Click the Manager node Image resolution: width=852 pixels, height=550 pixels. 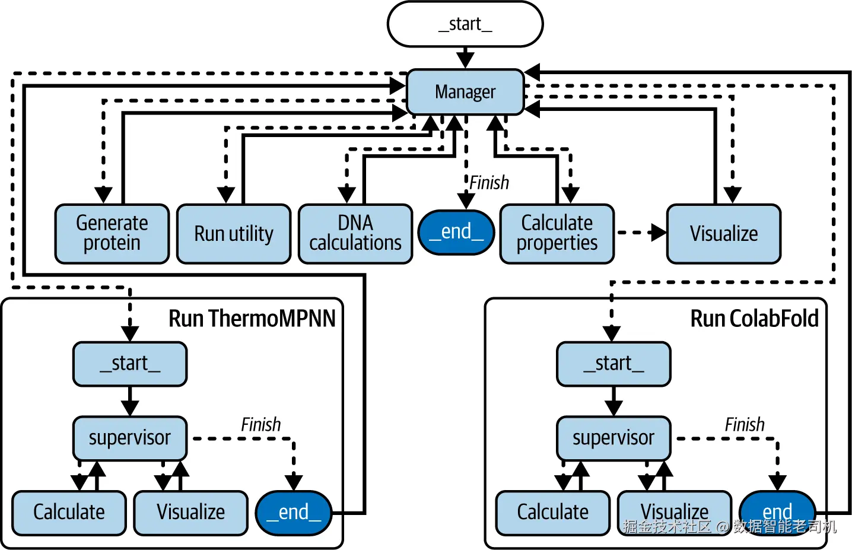pyautogui.click(x=465, y=92)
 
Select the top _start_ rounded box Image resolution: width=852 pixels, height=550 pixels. pyautogui.click(x=465, y=24)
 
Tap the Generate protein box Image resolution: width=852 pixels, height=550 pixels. pyautogui.click(x=112, y=233)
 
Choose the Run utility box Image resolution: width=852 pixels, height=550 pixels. pyautogui.click(x=234, y=233)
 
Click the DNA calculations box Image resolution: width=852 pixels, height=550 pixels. pyautogui.click(x=355, y=233)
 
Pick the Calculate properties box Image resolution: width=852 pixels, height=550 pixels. pyautogui.click(x=557, y=233)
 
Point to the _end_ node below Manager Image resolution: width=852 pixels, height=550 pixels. pyautogui.click(x=456, y=232)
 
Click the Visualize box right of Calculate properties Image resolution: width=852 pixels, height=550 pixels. pyautogui.click(x=724, y=233)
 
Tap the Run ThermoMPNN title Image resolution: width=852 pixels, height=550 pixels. pyautogui.click(x=252, y=319)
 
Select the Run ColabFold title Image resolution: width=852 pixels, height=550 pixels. pyautogui.click(x=754, y=319)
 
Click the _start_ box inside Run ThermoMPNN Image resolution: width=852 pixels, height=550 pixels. pyautogui.click(x=130, y=364)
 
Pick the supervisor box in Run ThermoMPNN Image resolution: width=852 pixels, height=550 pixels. pyautogui.click(x=130, y=438)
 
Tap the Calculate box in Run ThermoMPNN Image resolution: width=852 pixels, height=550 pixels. pyautogui.click(x=69, y=512)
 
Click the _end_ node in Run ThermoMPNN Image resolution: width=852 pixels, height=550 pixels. pyautogui.click(x=294, y=513)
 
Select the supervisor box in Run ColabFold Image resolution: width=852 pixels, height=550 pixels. pyautogui.click(x=613, y=438)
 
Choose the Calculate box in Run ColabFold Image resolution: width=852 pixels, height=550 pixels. pyautogui.click(x=553, y=512)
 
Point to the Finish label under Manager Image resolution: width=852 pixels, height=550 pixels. pyautogui.click(x=489, y=183)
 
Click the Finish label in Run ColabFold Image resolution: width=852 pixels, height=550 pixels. pyautogui.click(x=745, y=425)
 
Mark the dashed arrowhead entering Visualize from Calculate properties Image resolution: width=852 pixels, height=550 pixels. pyautogui.click(x=659, y=233)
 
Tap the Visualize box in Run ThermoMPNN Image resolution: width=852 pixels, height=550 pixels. pyautogui.click(x=190, y=512)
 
